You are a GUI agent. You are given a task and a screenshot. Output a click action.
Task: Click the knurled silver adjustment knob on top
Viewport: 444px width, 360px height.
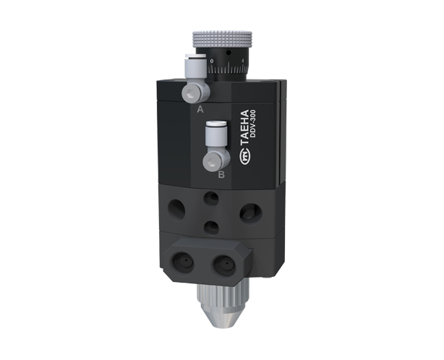[222, 39]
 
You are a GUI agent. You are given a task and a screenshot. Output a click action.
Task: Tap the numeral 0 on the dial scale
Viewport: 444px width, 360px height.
[213, 61]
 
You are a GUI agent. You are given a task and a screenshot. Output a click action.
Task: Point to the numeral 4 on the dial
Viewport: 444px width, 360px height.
[243, 60]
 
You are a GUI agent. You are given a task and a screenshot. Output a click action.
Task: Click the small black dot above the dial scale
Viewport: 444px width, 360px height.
[229, 53]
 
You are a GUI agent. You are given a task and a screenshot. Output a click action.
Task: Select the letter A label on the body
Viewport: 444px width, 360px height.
[200, 109]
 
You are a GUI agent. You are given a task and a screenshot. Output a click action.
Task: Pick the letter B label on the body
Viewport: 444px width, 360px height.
[221, 175]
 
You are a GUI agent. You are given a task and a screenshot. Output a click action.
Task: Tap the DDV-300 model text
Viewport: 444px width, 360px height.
[253, 124]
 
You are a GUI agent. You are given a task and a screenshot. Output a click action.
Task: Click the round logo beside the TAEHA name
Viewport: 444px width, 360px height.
[244, 158]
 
